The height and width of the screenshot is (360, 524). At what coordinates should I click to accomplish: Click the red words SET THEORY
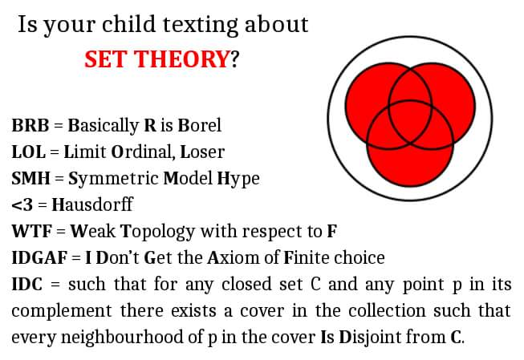pyautogui.click(x=156, y=59)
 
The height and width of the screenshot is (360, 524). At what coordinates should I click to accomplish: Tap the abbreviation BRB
pyautogui.click(x=30, y=126)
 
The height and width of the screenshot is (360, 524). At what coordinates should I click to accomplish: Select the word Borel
pyautogui.click(x=200, y=125)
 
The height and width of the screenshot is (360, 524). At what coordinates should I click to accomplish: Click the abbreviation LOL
pyautogui.click(x=29, y=152)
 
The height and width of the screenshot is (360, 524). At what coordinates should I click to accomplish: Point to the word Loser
pyautogui.click(x=202, y=152)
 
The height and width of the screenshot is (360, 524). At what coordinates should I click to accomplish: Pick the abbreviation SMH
pyautogui.click(x=30, y=178)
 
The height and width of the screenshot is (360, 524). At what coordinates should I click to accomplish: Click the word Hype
pyautogui.click(x=238, y=179)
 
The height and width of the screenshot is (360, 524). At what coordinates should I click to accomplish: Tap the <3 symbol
pyautogui.click(x=22, y=204)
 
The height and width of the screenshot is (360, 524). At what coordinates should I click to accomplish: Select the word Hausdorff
pyautogui.click(x=92, y=204)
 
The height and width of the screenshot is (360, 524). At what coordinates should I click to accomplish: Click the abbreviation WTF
pyautogui.click(x=32, y=231)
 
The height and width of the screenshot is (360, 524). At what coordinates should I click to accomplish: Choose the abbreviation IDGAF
pyautogui.click(x=39, y=257)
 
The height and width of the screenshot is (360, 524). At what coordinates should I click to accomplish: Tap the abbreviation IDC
pyautogui.click(x=27, y=284)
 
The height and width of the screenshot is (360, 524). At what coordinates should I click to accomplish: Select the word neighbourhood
pyautogui.click(x=122, y=338)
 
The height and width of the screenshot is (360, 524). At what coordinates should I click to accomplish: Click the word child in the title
pyautogui.click(x=129, y=24)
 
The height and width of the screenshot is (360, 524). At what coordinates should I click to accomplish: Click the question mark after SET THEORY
pyautogui.click(x=234, y=59)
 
